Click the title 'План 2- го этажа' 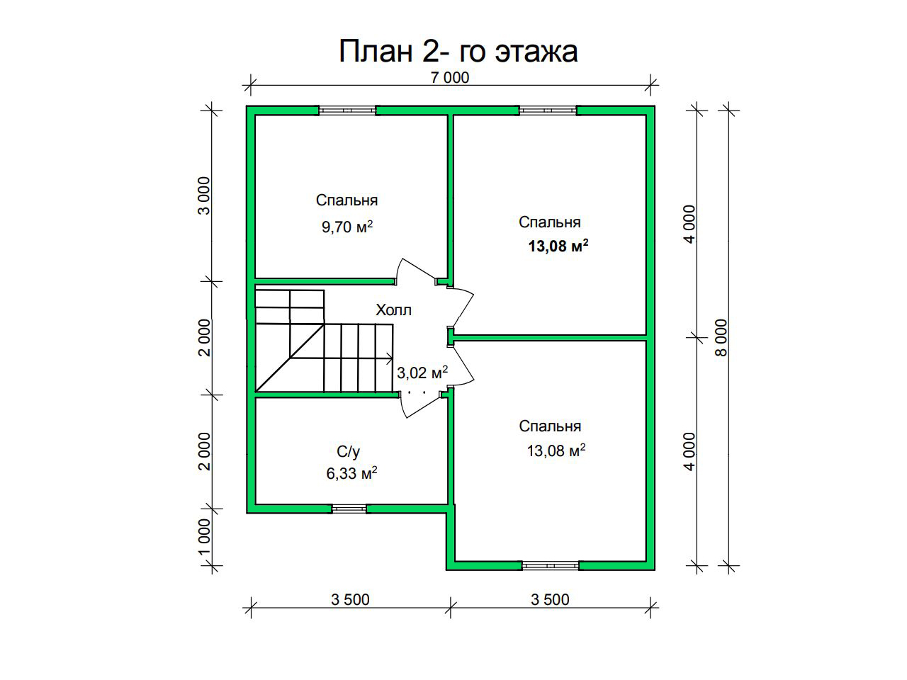458,51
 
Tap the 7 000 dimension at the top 450,78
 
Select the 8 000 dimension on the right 721,337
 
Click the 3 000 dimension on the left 204,195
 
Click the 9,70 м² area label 347,227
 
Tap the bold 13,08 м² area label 558,246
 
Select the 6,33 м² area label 351,473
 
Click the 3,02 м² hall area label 422,373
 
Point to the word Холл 393,310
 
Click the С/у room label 349,452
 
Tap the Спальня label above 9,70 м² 347,200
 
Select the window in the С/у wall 349,509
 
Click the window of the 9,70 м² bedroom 347,110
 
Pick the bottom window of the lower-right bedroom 551,566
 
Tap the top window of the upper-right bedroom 548,110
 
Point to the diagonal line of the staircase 290,358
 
